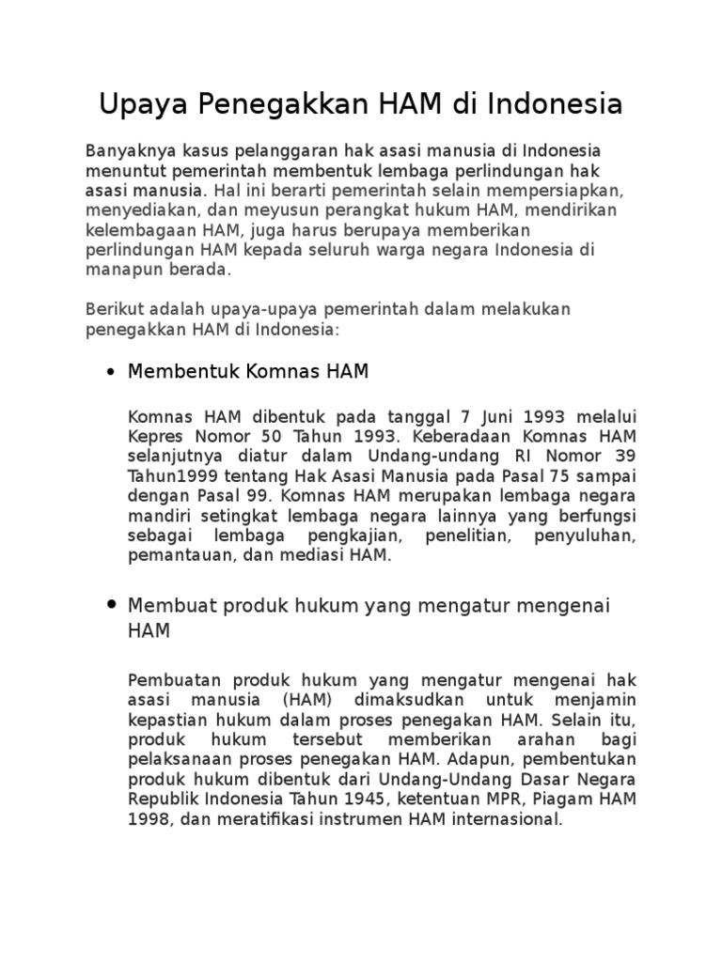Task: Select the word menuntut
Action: coord(118,171)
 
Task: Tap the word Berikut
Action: coord(111,309)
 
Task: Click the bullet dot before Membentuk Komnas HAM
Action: coord(113,373)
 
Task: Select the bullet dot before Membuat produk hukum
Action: coord(113,604)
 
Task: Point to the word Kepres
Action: coord(151,435)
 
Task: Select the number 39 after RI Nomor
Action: coord(623,456)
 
